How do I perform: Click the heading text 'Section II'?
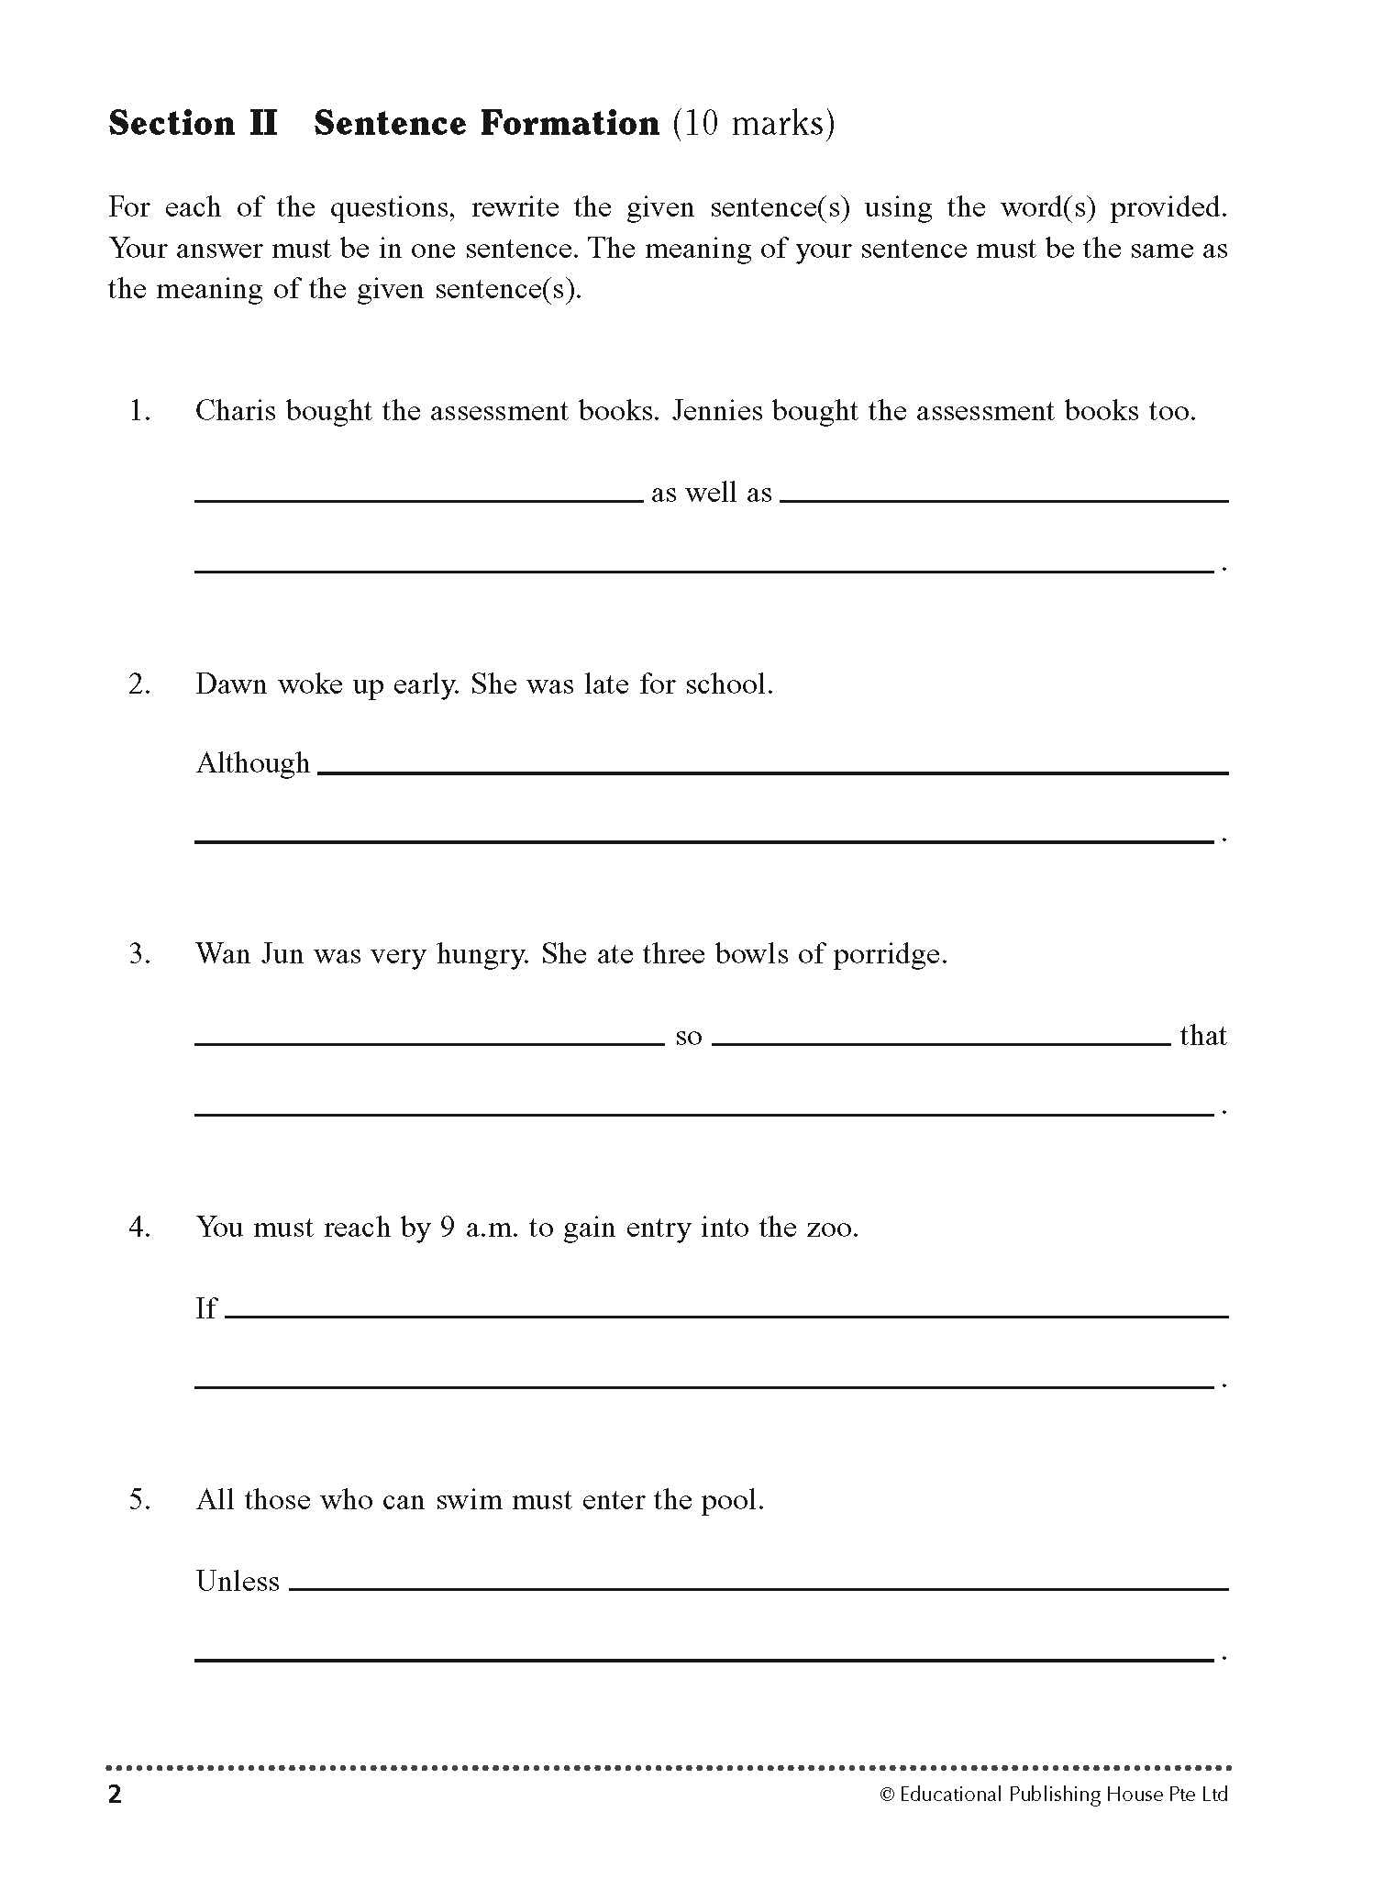[x=193, y=124]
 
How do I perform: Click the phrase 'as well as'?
[x=712, y=494]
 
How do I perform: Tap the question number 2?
[x=139, y=684]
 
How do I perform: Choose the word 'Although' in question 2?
[x=253, y=763]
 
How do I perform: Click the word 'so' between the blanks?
[x=688, y=1038]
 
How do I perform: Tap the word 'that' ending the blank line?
[x=1202, y=1036]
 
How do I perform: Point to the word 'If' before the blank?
[x=206, y=1308]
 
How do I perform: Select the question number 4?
[x=139, y=1228]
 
